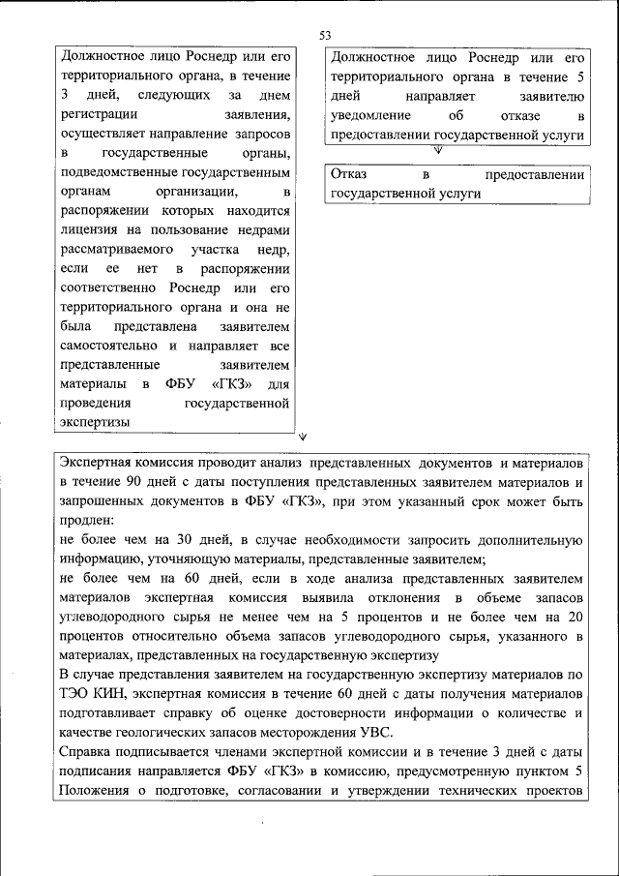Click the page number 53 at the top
(x=325, y=36)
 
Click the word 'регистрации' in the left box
(x=97, y=115)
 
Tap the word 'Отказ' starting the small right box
(x=349, y=175)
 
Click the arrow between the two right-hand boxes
(x=437, y=149)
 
